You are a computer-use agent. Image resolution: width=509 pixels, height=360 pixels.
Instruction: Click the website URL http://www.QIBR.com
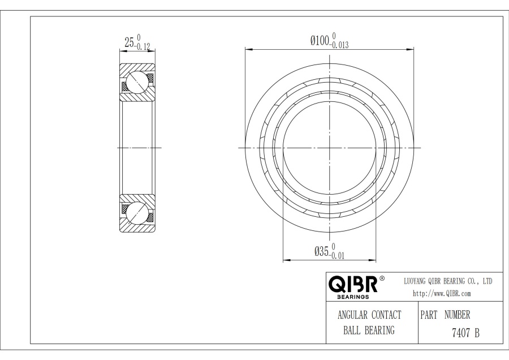442,294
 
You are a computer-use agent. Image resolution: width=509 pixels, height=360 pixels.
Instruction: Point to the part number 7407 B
465,333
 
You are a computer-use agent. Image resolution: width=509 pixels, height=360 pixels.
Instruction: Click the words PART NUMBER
445,315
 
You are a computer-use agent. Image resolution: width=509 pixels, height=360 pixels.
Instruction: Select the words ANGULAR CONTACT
369,315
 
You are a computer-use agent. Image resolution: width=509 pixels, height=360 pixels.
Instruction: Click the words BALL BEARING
369,331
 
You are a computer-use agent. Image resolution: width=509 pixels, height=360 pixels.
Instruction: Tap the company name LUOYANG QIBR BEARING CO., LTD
448,281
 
